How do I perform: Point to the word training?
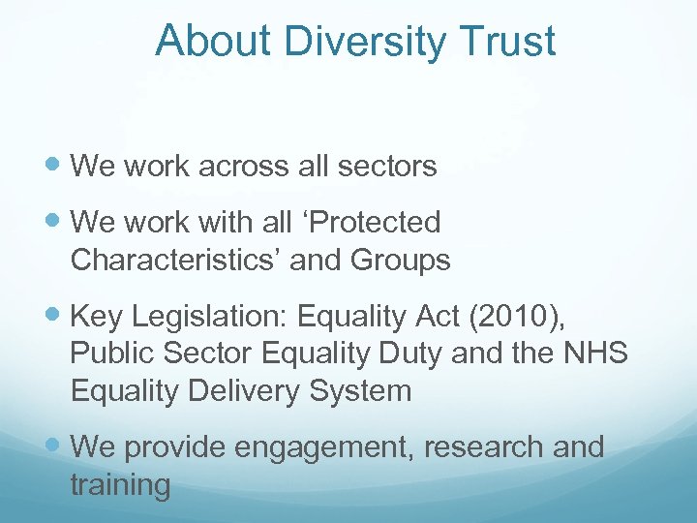point(120,485)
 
